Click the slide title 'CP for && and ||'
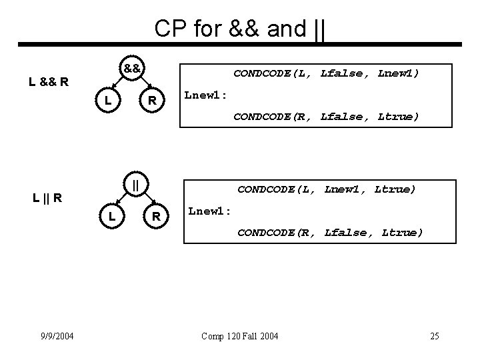[x=239, y=28]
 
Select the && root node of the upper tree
[x=131, y=68]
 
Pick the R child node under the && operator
[x=152, y=101]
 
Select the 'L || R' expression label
[x=48, y=197]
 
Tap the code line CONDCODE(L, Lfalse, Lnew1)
[x=326, y=74]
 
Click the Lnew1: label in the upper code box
[x=206, y=95]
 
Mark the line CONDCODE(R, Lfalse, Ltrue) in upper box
[x=326, y=117]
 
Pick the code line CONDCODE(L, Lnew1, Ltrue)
[x=326, y=189]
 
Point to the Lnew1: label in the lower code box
[x=210, y=211]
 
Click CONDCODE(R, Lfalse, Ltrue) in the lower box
[x=330, y=232]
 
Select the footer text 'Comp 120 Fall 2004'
[x=239, y=335]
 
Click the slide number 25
[x=434, y=335]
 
